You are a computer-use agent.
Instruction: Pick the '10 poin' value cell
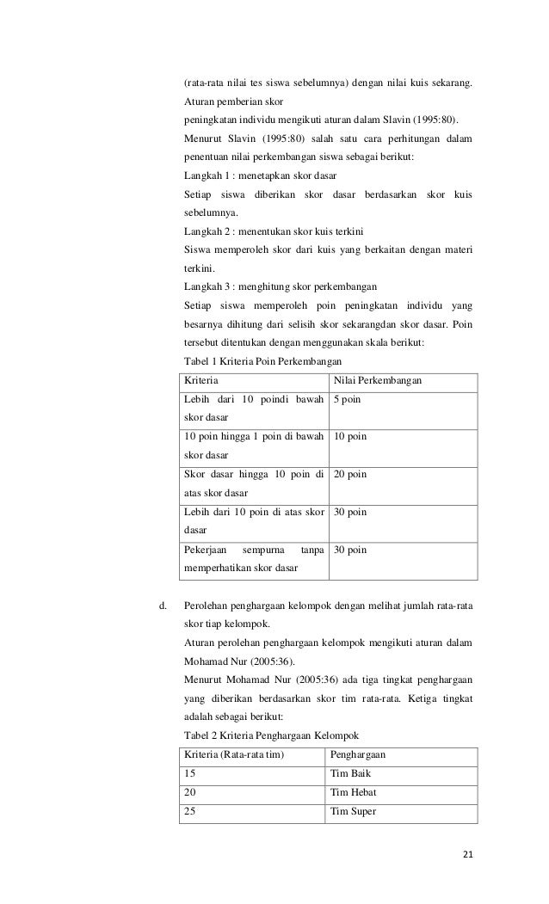[349, 437]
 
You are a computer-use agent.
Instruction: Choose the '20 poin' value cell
[349, 475]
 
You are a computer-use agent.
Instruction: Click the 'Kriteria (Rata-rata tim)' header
[234, 753]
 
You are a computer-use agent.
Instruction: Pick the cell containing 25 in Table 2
[191, 810]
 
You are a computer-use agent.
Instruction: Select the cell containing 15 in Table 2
[190, 772]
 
